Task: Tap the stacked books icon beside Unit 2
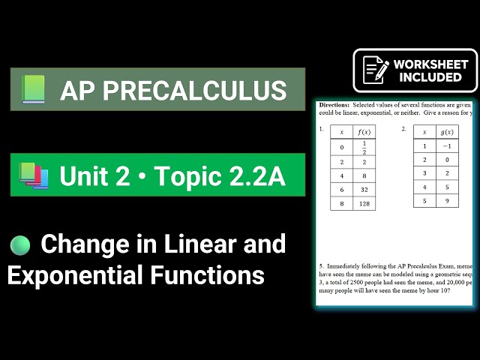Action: pyautogui.click(x=34, y=175)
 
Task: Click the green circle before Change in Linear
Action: pyautogui.click(x=20, y=245)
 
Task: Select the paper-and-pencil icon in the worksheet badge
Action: pyautogui.click(x=375, y=70)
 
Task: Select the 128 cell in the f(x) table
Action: pyautogui.click(x=364, y=203)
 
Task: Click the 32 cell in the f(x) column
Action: pyautogui.click(x=364, y=190)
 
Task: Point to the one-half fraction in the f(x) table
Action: pyautogui.click(x=364, y=147)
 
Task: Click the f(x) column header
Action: pyautogui.click(x=364, y=131)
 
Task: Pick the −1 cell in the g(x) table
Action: pyautogui.click(x=447, y=146)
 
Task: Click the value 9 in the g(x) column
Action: pyautogui.click(x=447, y=200)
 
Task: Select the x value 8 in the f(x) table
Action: pyautogui.click(x=342, y=203)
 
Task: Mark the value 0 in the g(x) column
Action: pyautogui.click(x=447, y=160)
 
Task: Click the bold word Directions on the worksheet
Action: pyautogui.click(x=334, y=106)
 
